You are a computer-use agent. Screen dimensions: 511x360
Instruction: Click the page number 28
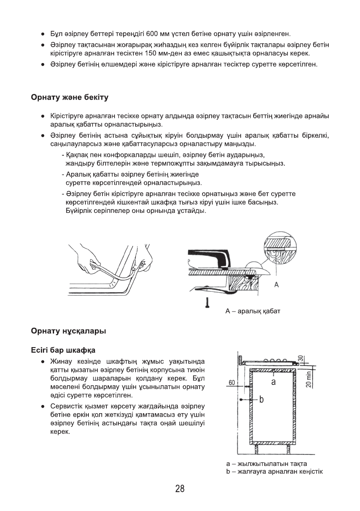coord(180,489)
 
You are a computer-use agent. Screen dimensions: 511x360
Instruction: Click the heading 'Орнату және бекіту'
coord(70,97)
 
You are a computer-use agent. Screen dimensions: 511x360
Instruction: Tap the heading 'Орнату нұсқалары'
coord(68,331)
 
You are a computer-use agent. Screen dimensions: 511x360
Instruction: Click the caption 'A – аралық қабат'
coord(253,310)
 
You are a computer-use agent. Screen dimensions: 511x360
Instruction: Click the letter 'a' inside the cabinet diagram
coord(273,381)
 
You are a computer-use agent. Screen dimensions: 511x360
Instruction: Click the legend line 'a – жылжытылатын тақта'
coord(266,464)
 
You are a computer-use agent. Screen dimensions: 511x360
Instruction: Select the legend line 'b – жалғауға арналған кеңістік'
coord(274,472)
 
